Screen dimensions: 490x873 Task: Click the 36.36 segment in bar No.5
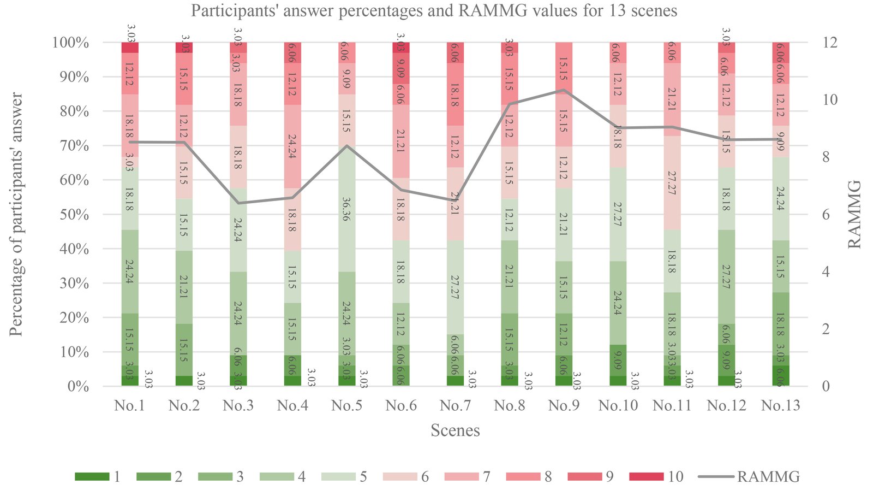point(347,209)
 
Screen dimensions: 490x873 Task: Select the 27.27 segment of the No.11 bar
point(673,183)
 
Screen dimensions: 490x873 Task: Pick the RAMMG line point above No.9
point(564,90)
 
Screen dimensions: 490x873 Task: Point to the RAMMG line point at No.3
point(238,203)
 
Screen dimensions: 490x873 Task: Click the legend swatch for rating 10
point(646,477)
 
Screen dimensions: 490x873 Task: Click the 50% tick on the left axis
point(71,215)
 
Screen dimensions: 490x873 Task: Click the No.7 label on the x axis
point(456,406)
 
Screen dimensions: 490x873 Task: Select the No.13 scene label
point(781,406)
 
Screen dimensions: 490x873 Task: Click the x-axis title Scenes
point(455,430)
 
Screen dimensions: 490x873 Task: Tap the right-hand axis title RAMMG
point(855,215)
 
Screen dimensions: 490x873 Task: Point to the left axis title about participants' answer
point(17,215)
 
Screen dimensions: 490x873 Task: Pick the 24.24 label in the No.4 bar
point(292,146)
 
